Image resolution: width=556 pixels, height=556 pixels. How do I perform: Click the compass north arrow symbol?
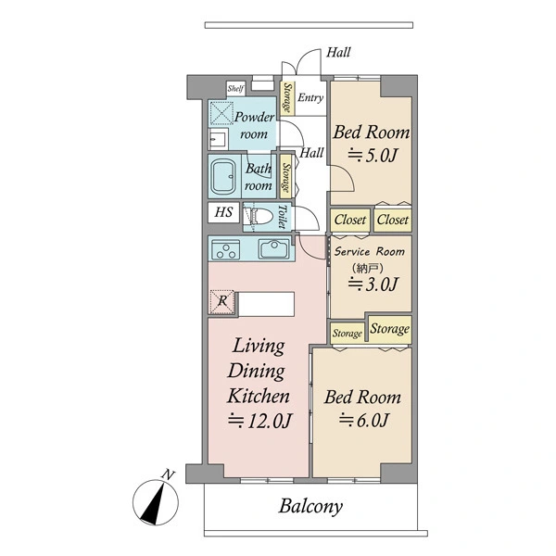156,502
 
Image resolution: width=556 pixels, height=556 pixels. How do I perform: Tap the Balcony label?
310,507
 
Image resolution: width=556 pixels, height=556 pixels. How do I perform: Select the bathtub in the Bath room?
223,176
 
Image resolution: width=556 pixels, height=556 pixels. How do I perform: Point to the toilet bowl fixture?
260,216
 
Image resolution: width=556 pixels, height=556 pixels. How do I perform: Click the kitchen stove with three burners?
225,249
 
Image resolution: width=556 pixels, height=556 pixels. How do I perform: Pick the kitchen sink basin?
273,249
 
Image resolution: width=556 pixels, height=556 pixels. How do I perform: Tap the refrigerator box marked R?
222,302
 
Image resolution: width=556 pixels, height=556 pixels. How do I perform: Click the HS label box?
223,212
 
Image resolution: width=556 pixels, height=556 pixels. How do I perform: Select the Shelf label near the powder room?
235,88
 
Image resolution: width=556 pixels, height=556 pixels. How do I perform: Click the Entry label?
310,97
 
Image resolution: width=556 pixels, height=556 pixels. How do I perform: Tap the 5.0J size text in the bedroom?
372,156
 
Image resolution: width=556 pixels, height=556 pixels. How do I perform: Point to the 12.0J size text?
259,421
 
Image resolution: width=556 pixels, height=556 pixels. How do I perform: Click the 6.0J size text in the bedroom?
364,420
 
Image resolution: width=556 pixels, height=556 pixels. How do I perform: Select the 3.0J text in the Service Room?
373,284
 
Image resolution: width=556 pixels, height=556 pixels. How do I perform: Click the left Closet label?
350,220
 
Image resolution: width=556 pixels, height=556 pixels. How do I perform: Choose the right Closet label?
393,220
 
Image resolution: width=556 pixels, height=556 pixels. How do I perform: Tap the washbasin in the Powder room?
218,139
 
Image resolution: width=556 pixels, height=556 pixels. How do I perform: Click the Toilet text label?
283,217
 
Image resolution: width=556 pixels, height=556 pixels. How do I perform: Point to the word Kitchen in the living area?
259,396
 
